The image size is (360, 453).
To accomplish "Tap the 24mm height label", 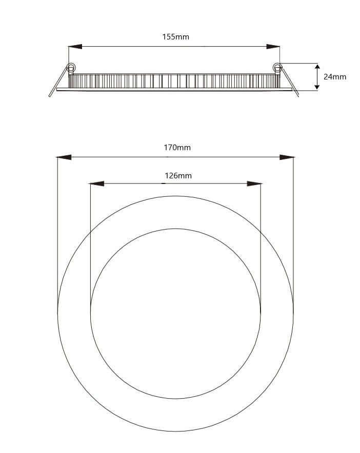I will click(x=335, y=77).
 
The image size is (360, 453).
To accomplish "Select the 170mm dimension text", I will click(x=177, y=148).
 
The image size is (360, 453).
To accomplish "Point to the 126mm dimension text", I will click(x=178, y=176).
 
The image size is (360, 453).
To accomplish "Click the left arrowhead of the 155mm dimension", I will click(x=75, y=47).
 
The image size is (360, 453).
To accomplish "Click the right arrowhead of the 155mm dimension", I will click(x=273, y=47).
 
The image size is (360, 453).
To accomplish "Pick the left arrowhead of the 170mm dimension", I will click(x=64, y=157).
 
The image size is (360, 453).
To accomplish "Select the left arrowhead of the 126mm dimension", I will click(x=96, y=183).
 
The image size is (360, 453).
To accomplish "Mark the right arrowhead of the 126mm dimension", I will click(x=254, y=183).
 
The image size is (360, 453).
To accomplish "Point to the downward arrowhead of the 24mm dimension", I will click(x=317, y=86).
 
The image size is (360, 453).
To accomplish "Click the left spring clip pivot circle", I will click(x=71, y=67).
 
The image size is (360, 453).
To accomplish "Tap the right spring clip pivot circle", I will click(x=277, y=67).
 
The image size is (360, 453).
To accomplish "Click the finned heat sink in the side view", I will click(x=174, y=81).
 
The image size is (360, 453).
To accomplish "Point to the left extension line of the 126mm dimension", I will click(x=90, y=246).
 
